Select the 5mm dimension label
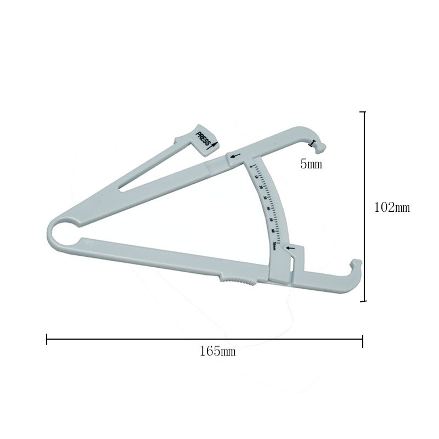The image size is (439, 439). pos(311,164)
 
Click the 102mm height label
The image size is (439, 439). pos(392,208)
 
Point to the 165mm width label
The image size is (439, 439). pos(217,352)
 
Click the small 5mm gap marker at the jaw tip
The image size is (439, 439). pos(313,144)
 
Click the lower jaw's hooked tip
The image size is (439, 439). pos(356,266)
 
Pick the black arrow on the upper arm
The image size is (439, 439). pos(235,157)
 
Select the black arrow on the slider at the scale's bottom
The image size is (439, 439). pos(290,249)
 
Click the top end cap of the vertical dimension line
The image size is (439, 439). pos(362,112)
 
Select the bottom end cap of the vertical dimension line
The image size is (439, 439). pos(362,301)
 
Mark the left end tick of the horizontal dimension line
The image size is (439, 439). pos(47,340)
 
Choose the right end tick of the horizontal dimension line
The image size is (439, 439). pos(362,340)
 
